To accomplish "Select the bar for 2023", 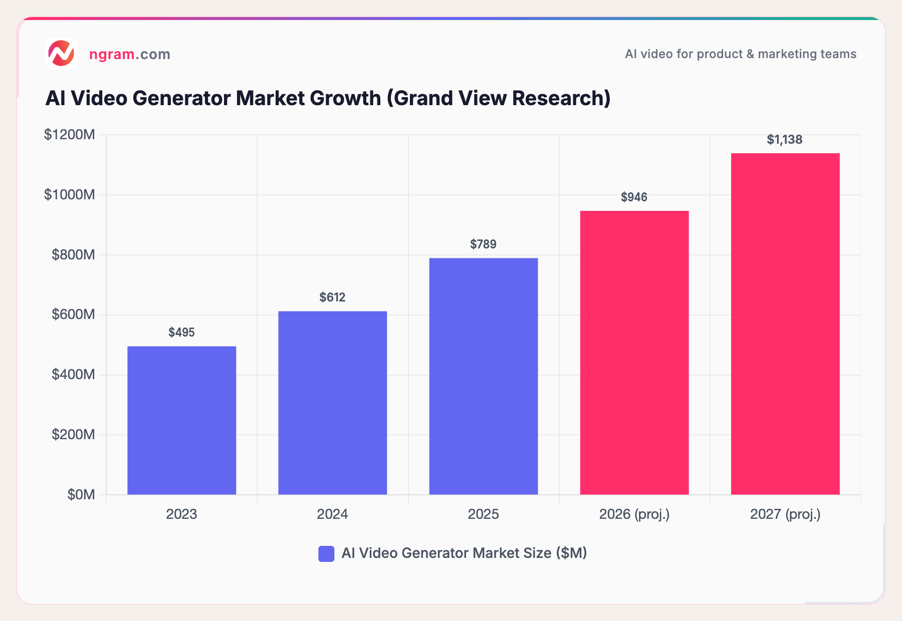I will [x=181, y=420].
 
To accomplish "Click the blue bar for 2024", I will [x=332, y=403].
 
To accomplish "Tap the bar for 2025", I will [x=483, y=376].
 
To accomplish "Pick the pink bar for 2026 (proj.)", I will [x=634, y=353].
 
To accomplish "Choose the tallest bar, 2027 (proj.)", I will [x=785, y=324].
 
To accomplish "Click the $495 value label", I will [x=181, y=333].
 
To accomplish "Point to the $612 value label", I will [x=332, y=297].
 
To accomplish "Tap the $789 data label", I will [x=483, y=244].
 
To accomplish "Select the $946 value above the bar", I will [x=634, y=197].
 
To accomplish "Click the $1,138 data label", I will [x=784, y=140].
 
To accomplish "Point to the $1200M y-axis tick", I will [x=70, y=135].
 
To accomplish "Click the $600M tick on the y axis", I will [x=73, y=315].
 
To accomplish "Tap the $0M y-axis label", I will [x=81, y=495].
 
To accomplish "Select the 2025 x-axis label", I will [x=483, y=514].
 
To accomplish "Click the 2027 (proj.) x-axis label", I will [x=785, y=514].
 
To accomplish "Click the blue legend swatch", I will [x=326, y=553].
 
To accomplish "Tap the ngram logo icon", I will [x=61, y=53].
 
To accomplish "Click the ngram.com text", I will [x=130, y=54].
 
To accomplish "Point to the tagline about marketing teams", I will [x=740, y=54].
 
